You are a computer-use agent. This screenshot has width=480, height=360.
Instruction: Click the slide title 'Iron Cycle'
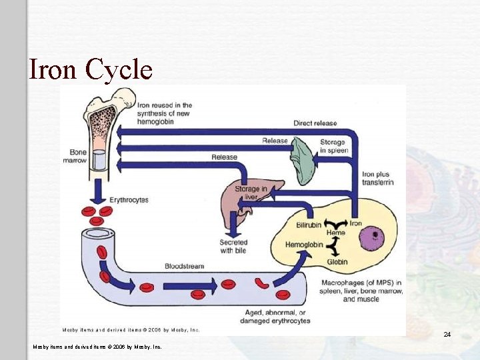pos(91,69)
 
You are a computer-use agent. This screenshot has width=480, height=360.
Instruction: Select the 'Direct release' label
pos(315,123)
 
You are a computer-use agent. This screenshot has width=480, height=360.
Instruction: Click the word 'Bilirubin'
pos(309,225)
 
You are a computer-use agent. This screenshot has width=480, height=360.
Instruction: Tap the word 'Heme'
pos(336,233)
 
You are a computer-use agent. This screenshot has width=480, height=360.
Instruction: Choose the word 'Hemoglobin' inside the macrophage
pos(304,245)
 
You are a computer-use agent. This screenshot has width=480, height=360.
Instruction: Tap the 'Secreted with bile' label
pos(233,247)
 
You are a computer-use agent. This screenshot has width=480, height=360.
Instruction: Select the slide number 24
pos(447,333)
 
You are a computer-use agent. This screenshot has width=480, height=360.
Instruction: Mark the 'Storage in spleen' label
pos(332,146)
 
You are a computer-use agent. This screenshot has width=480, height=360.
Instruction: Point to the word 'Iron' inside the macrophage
pos(356,224)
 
